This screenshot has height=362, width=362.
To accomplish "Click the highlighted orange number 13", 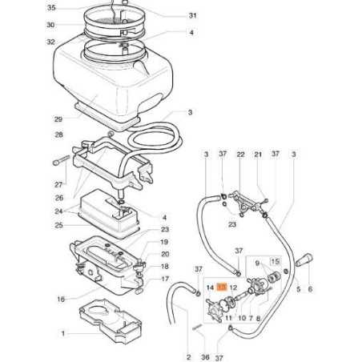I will [x=223, y=286].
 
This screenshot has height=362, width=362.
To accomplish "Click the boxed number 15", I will [x=274, y=263].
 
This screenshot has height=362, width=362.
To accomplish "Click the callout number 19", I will [x=164, y=242].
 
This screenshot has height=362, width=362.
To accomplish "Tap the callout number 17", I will [x=164, y=280].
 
